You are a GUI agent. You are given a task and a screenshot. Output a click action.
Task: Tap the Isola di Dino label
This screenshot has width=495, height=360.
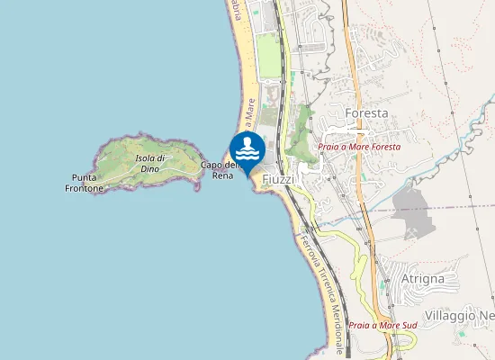[x=149, y=163]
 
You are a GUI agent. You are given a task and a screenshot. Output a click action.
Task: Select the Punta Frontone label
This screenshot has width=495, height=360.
[x=85, y=183]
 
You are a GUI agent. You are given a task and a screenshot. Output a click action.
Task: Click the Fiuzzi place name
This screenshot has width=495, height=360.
[x=278, y=179]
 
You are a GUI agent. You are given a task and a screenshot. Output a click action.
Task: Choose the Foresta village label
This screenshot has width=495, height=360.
[x=366, y=113]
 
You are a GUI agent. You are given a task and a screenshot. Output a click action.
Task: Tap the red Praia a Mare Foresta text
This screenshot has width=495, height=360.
[x=359, y=146]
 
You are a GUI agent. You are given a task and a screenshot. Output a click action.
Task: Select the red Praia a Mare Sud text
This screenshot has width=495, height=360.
[x=382, y=324]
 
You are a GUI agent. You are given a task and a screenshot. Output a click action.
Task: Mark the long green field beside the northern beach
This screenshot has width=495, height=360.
[x=267, y=56]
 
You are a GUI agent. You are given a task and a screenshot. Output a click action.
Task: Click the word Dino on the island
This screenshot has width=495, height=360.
[x=149, y=168]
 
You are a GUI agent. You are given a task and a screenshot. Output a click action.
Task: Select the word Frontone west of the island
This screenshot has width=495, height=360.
[x=85, y=189]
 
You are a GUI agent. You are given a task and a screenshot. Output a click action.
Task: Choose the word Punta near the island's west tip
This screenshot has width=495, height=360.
[x=85, y=177]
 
